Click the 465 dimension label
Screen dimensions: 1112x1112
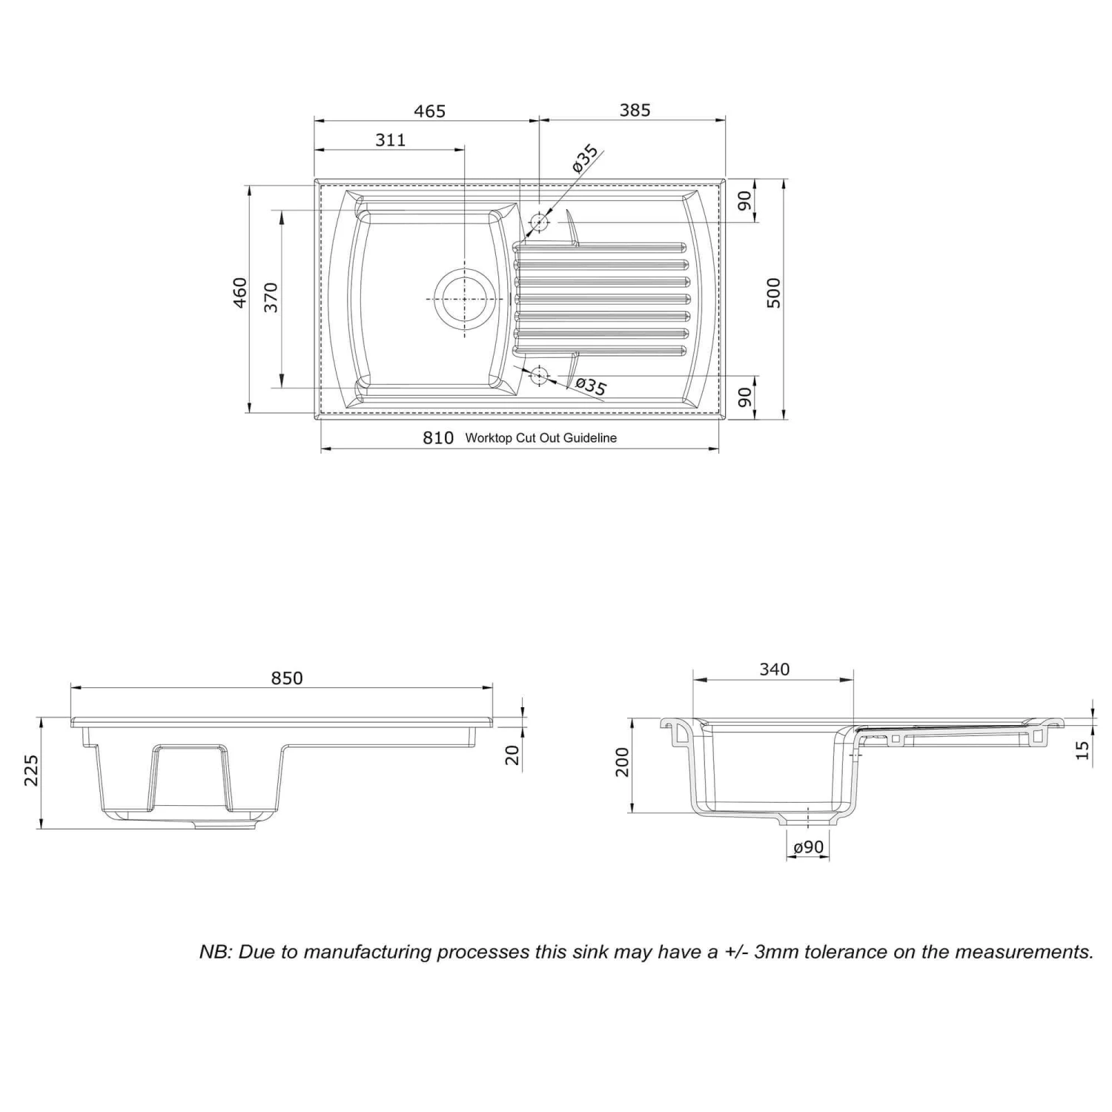pyautogui.click(x=429, y=111)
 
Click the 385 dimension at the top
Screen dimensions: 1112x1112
pyautogui.click(x=635, y=110)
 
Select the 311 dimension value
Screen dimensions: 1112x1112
pyautogui.click(x=391, y=140)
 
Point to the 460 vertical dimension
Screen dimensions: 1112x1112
pyautogui.click(x=239, y=293)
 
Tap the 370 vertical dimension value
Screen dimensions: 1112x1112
pyautogui.click(x=271, y=297)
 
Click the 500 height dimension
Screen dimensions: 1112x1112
pyautogui.click(x=773, y=293)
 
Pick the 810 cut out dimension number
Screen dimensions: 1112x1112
pyautogui.click(x=438, y=438)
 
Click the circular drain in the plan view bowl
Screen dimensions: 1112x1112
pyautogui.click(x=463, y=298)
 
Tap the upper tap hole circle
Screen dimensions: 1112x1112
pyautogui.click(x=539, y=222)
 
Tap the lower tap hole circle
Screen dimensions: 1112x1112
pyautogui.click(x=539, y=376)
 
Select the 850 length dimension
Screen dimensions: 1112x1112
pyautogui.click(x=287, y=678)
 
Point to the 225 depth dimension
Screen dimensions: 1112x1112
pyautogui.click(x=31, y=771)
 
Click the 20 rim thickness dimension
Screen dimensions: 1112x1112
pyautogui.click(x=512, y=755)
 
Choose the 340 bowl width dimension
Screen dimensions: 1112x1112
pyautogui.click(x=774, y=669)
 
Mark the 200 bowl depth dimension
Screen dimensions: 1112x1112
pyautogui.click(x=622, y=762)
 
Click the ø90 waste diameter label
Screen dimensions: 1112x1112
pyautogui.click(x=808, y=847)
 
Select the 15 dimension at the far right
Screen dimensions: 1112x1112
pyautogui.click(x=1082, y=750)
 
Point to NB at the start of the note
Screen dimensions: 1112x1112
pyautogui.click(x=215, y=952)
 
